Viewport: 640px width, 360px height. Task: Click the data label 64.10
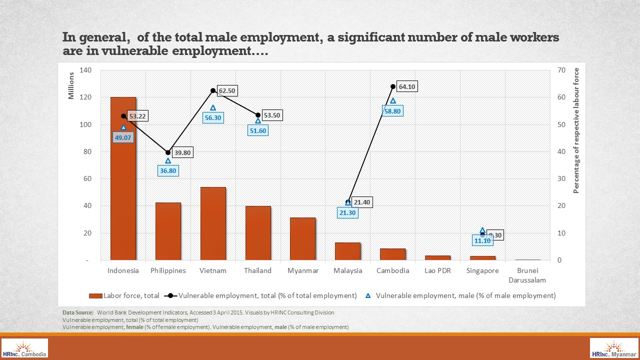pos(407,87)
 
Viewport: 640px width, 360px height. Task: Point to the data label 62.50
pos(227,91)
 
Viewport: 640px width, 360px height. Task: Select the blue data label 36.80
pos(168,171)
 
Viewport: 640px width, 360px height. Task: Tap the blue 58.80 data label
pos(392,111)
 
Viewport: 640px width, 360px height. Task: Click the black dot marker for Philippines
pos(168,152)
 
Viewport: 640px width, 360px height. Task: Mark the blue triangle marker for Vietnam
pos(213,108)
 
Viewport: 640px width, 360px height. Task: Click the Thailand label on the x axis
pos(258,271)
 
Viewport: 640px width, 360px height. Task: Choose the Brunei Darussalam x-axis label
pos(527,275)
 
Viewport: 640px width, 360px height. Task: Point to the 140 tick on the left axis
pos(85,70)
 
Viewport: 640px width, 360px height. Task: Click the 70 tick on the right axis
pos(561,70)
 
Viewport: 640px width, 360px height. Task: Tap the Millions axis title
pos(71,85)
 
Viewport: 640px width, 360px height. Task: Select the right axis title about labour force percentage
pos(576,130)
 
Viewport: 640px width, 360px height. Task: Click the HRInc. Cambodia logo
pos(25,348)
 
